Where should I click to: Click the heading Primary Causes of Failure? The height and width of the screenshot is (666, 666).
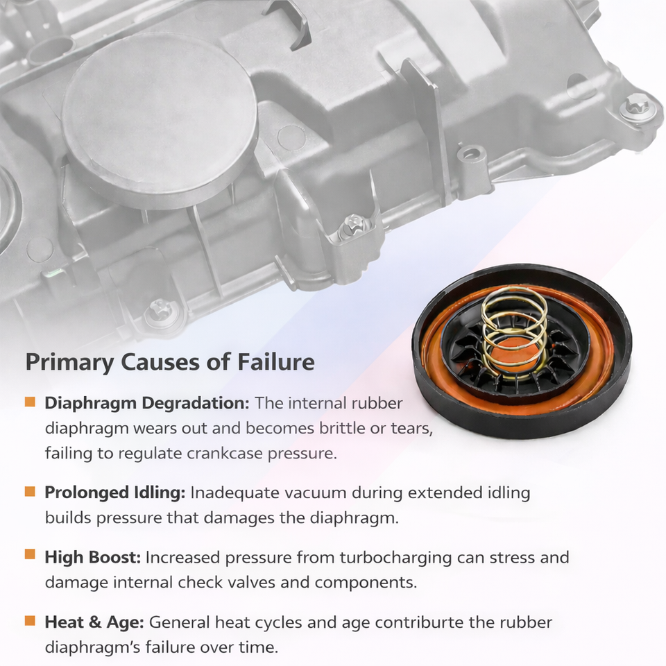170,362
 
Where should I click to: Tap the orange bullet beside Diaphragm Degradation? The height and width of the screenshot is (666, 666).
30,402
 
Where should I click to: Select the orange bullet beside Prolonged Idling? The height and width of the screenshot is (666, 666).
30,492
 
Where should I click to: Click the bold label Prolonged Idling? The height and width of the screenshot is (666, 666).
114,493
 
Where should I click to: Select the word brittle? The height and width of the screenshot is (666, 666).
348,429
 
